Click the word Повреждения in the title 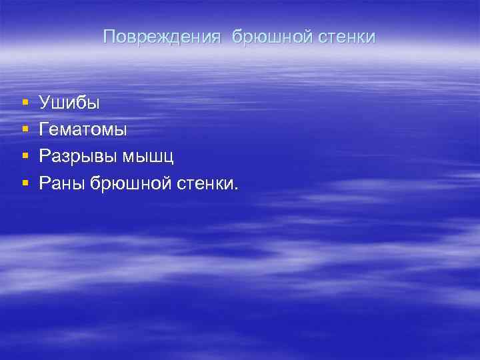[161, 37]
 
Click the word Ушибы [69, 103]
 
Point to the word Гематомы [83, 129]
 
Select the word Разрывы [77, 157]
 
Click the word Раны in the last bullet [61, 183]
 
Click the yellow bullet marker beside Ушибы [24, 103]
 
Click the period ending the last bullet [235, 187]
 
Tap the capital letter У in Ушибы [45, 103]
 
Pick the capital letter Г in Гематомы [44, 129]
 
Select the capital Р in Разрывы [44, 157]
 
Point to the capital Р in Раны [44, 183]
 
